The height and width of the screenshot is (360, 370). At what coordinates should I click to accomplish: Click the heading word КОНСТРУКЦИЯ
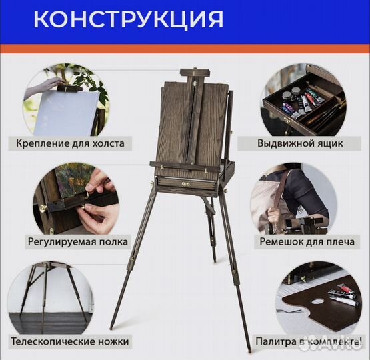coord(128,19)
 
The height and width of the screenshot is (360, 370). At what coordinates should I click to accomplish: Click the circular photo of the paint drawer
coord(303,101)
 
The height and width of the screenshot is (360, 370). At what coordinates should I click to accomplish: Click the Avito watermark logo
coord(347,342)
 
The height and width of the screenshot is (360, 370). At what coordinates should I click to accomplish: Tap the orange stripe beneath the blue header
coord(185,49)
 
